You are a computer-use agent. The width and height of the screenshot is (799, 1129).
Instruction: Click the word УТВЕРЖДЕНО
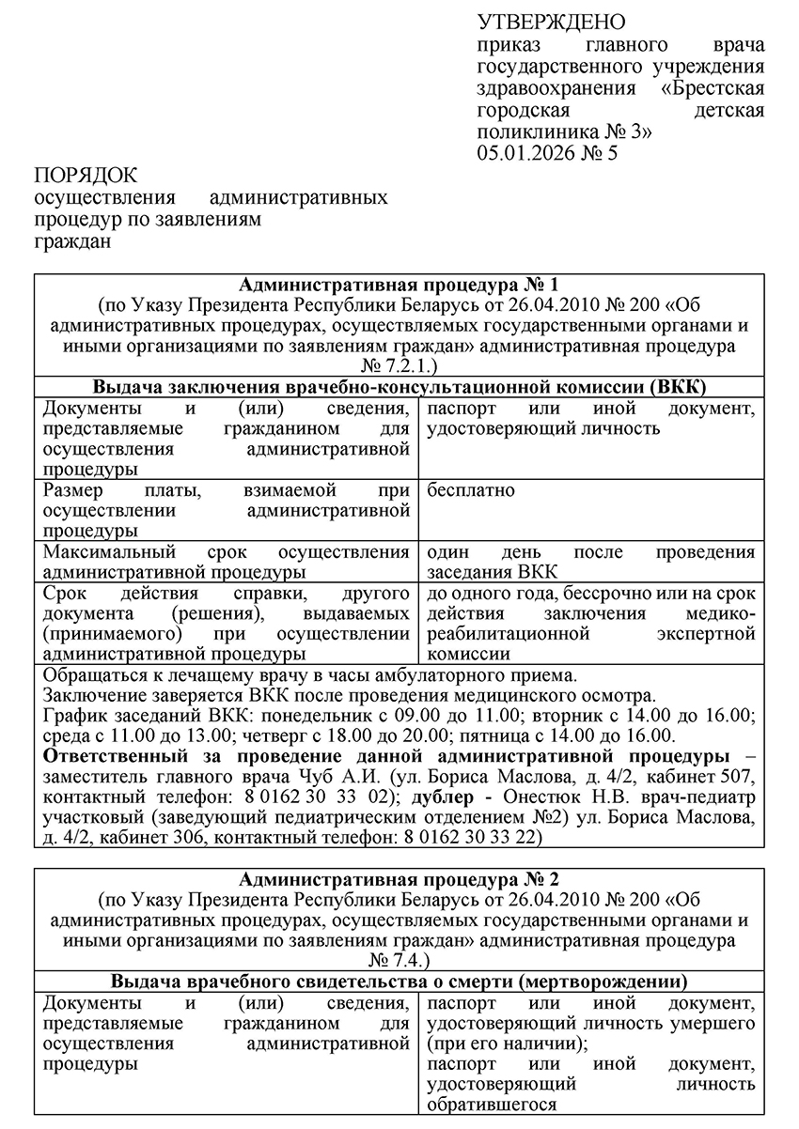[551, 22]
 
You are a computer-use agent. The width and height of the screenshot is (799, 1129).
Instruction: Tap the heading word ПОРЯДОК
[86, 176]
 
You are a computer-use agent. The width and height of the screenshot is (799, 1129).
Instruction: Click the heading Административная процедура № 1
[399, 285]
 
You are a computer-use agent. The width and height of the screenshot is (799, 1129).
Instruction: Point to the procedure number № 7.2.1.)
[399, 365]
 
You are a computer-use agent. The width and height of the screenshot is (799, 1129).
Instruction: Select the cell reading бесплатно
[471, 491]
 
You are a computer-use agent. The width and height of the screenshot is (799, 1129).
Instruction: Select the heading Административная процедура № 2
[399, 880]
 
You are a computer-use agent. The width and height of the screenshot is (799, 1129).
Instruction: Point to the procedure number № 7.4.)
[399, 961]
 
